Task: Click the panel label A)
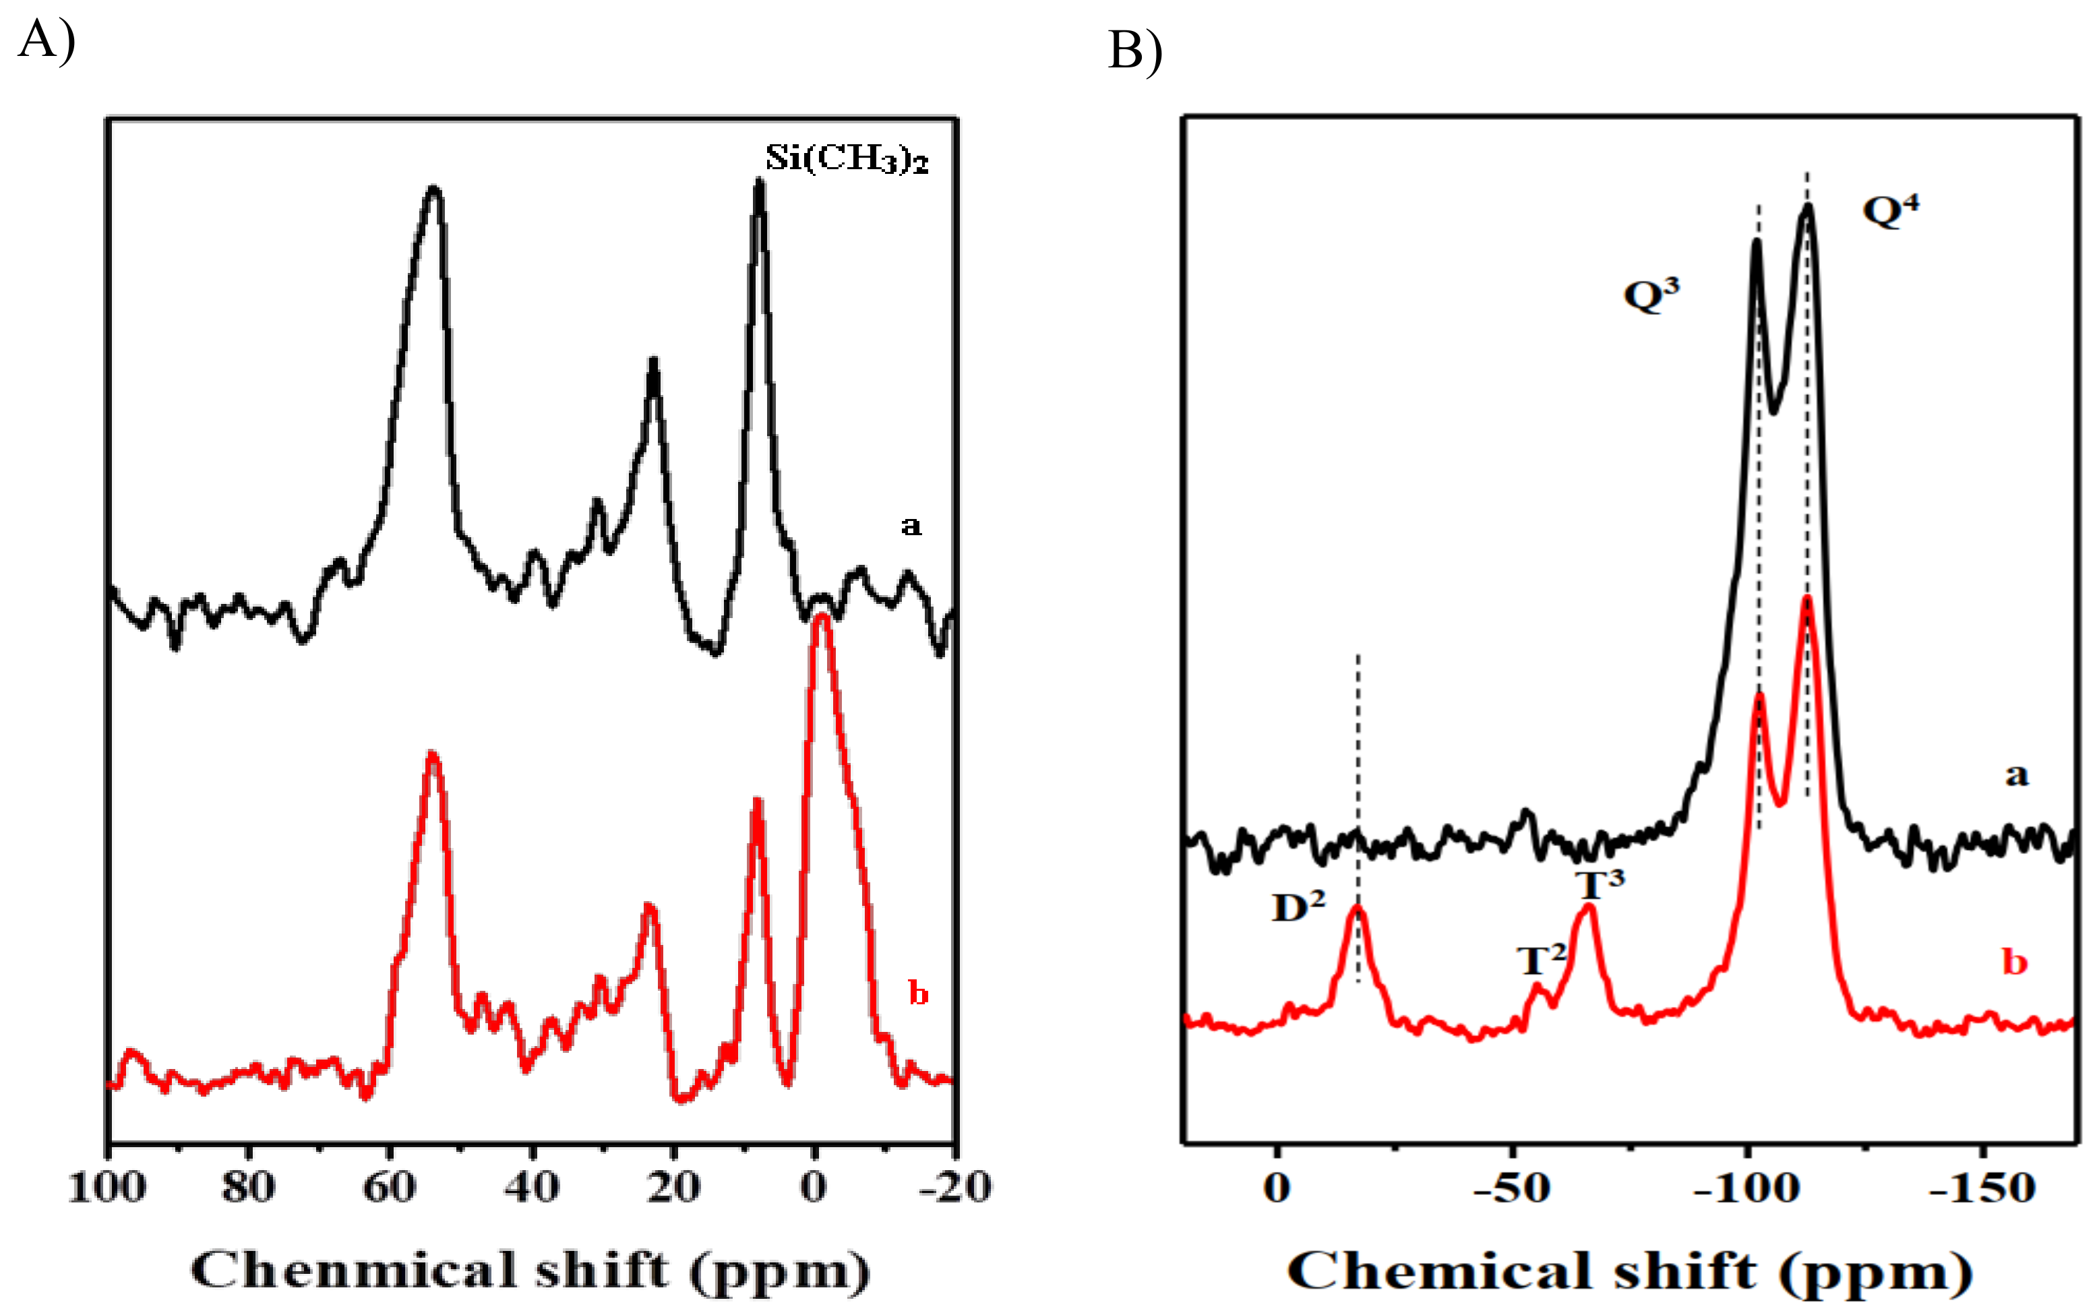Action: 45,41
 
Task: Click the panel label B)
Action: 1134,51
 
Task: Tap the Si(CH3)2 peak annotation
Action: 845,158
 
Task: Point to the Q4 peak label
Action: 1889,210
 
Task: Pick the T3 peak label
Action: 1599,886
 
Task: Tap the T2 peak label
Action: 1541,960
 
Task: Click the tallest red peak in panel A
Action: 821,620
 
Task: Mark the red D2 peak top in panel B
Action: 1357,909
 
